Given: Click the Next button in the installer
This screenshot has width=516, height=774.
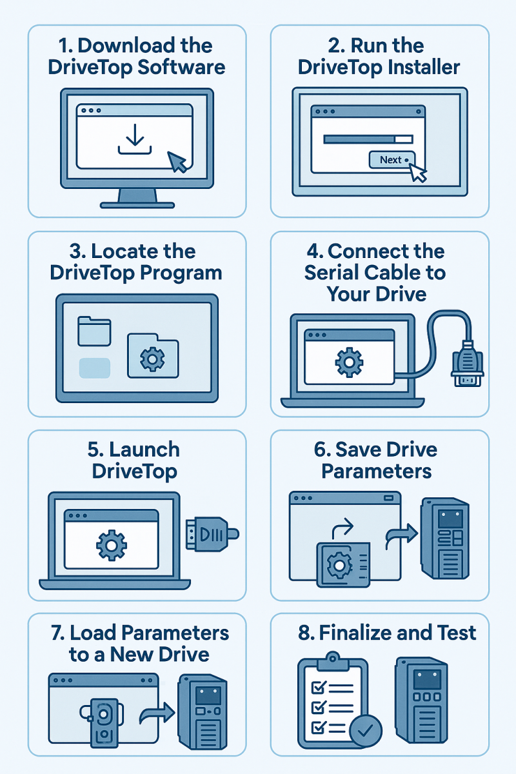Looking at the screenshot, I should point(391,160).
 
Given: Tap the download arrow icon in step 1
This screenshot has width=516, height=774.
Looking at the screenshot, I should point(135,140).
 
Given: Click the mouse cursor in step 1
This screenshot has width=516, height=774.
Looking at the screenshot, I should point(179,161).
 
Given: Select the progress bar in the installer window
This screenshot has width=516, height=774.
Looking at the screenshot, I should point(368,139).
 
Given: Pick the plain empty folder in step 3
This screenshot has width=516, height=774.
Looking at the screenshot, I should point(95,331).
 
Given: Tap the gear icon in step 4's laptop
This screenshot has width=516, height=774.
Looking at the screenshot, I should point(349,363).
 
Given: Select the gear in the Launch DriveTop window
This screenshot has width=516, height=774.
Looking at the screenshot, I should point(112,546).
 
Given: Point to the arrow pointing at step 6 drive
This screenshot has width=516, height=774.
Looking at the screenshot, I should point(401,535).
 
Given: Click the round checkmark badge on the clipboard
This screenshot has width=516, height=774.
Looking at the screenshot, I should point(365,729).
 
